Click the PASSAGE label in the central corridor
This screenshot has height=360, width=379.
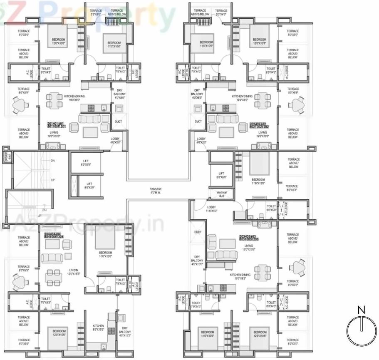tap(156, 191)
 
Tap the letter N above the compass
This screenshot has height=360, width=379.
tap(361, 310)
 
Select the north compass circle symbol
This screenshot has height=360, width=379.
tap(361, 328)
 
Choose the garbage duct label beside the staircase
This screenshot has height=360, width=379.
tap(6, 156)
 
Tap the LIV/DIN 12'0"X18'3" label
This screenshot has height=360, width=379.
tap(75, 271)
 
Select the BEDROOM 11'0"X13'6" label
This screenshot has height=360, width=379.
tap(105, 254)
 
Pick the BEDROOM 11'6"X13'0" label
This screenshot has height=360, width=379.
tap(258, 181)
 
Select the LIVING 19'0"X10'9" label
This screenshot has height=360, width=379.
tap(249, 248)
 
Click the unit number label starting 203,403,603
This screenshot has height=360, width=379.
tap(249, 238)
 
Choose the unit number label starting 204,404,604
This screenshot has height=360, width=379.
tap(54, 236)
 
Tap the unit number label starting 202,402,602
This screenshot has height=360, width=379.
tap(260, 124)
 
